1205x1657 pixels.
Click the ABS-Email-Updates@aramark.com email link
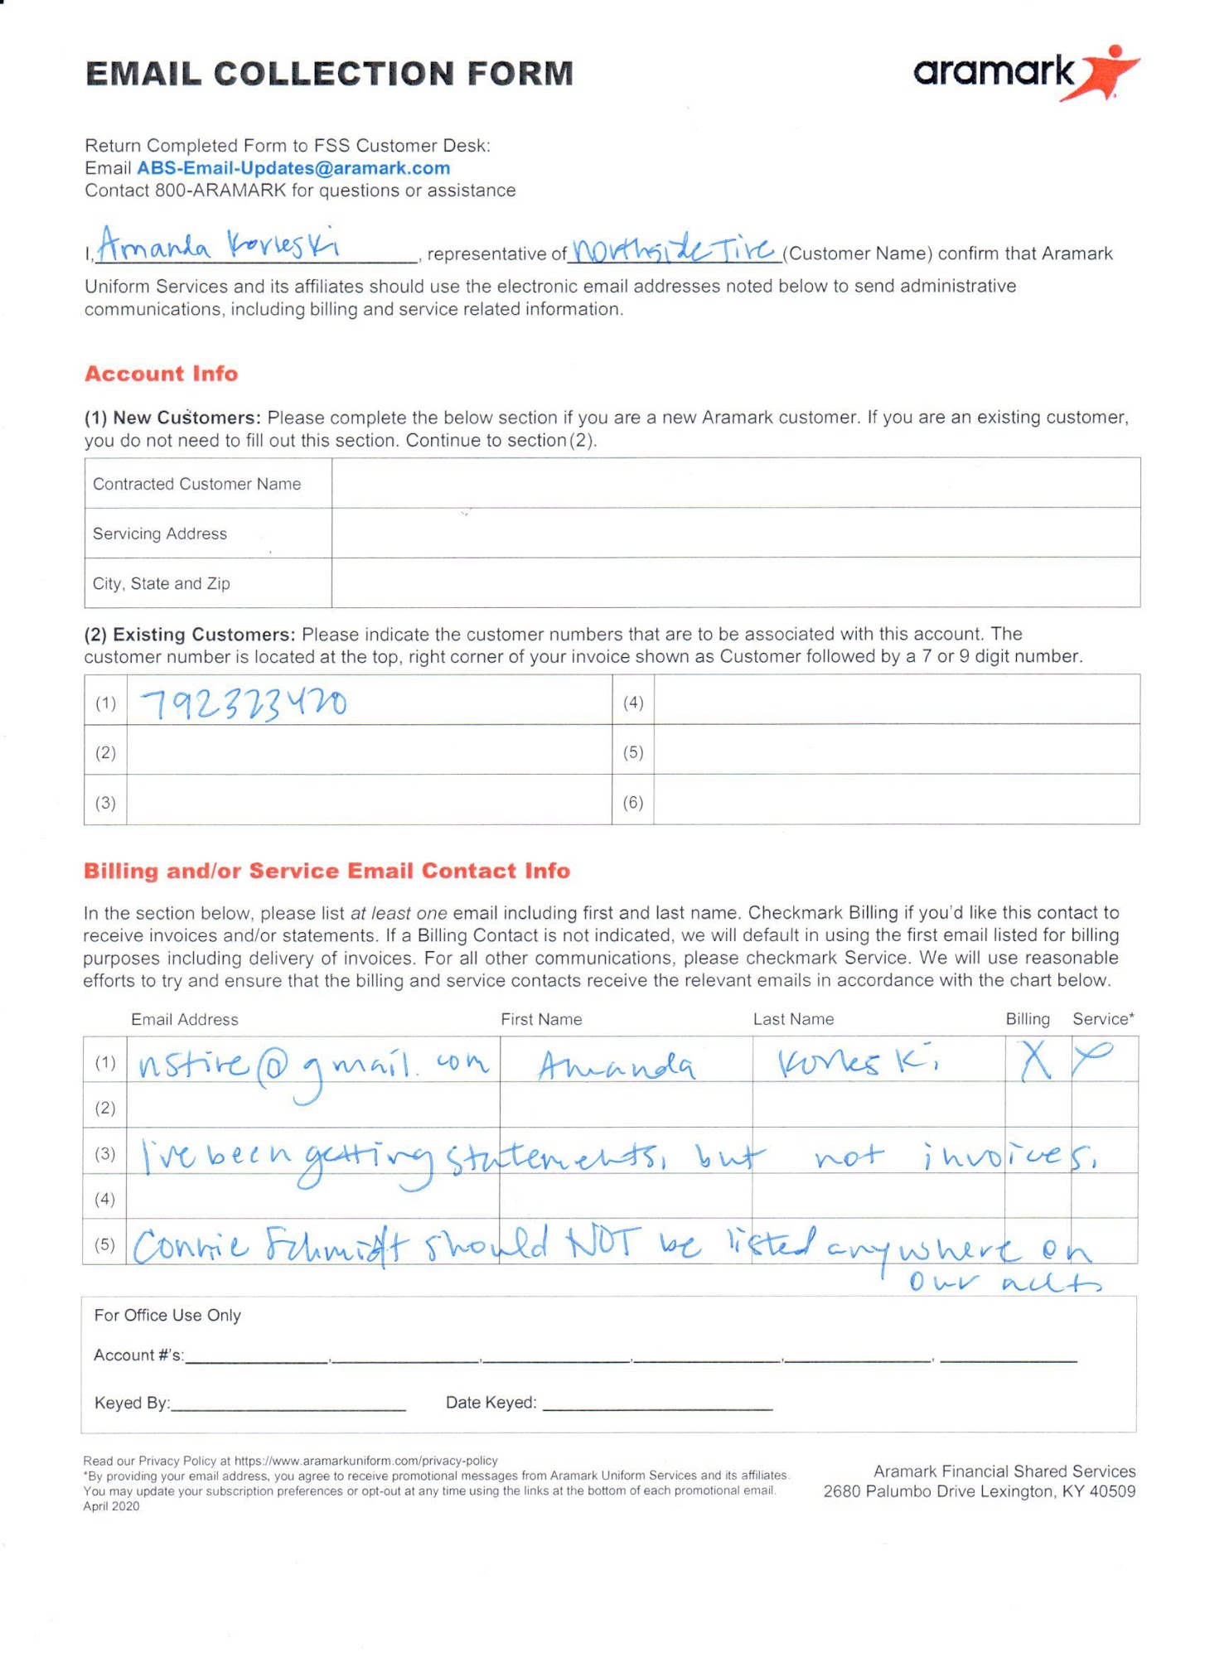click(x=293, y=168)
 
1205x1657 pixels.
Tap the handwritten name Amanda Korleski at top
click(x=218, y=245)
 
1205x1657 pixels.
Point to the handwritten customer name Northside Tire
click(x=673, y=248)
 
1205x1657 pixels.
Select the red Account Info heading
click(x=162, y=374)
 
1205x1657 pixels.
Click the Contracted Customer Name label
click(x=196, y=484)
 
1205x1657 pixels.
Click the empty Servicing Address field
click(x=735, y=533)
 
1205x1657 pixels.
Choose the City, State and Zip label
click(x=162, y=583)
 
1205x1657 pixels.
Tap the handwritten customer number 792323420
click(x=244, y=705)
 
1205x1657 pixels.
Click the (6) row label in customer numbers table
click(x=633, y=802)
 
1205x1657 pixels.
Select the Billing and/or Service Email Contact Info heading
click(x=327, y=871)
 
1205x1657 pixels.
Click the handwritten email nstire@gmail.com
click(x=313, y=1065)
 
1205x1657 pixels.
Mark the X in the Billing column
click(x=1035, y=1061)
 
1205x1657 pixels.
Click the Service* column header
click(x=1102, y=1019)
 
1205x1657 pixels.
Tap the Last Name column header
click(x=793, y=1019)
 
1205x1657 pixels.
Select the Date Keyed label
click(x=491, y=1403)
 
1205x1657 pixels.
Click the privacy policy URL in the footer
click(x=365, y=1461)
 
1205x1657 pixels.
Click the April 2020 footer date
click(x=111, y=1506)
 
